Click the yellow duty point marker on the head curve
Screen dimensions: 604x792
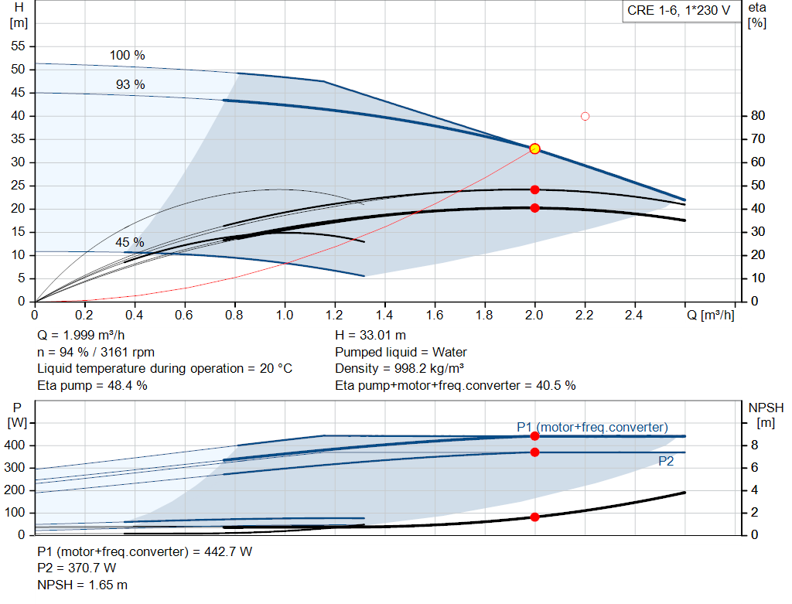(534, 148)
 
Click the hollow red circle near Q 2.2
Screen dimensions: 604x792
(585, 116)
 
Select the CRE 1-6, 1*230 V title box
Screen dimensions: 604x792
(678, 12)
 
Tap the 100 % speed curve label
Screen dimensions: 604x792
(127, 56)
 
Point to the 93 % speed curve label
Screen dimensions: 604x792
(130, 84)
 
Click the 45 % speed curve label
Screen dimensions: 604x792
(130, 242)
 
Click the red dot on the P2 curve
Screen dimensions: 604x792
(534, 452)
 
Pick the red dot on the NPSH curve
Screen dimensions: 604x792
(534, 517)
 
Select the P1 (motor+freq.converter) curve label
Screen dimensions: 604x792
(592, 427)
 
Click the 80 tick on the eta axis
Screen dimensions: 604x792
(758, 116)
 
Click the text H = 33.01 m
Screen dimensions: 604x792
(370, 335)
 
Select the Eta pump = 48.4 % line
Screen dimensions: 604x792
(93, 384)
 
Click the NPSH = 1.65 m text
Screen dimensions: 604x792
(83, 585)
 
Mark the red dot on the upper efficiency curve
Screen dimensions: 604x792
(534, 189)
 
